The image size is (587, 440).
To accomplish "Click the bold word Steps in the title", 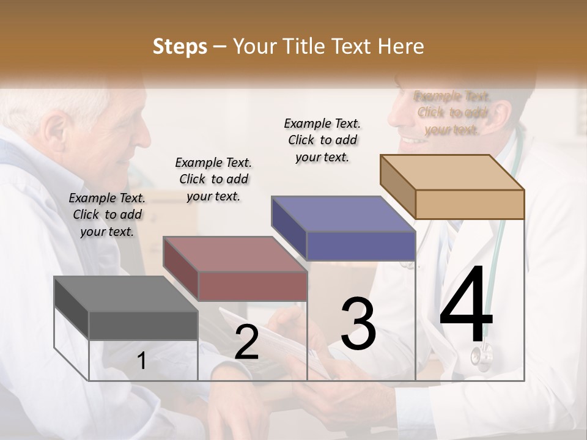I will (180, 46).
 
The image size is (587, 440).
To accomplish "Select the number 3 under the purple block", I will (358, 324).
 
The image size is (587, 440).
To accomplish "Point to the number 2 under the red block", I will (246, 342).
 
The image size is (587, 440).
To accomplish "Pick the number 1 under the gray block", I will (141, 361).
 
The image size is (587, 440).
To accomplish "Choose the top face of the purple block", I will (343, 214).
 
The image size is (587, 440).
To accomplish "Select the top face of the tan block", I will (452, 172).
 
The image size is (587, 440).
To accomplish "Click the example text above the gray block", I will (107, 215).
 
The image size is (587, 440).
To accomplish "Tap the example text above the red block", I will (213, 179).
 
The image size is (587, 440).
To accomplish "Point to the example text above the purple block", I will (322, 140).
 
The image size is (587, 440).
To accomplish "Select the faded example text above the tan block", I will (452, 112).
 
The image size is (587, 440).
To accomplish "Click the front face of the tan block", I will (470, 204).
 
